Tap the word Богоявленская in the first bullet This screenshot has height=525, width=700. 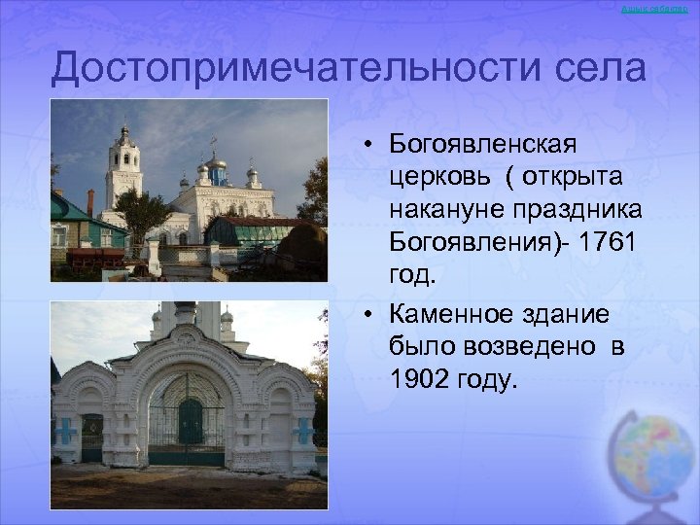483,144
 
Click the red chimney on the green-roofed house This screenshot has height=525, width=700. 90,202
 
